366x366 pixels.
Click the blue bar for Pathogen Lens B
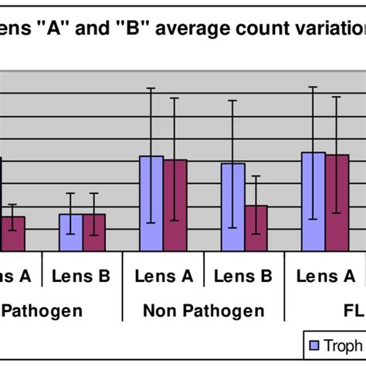coord(71,232)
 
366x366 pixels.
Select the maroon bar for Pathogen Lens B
coord(94,232)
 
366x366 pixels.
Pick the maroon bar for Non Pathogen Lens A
coord(175,205)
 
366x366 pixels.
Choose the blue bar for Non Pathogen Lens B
coord(233,207)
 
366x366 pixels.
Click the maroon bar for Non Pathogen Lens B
coord(256,228)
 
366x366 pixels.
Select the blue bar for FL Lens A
coord(313,202)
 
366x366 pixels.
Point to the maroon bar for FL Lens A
coord(337,202)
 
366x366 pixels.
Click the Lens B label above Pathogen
coord(83,276)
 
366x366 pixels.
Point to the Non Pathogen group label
coord(204,311)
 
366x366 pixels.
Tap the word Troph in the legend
coord(343,345)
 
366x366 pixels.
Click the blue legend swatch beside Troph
coord(314,345)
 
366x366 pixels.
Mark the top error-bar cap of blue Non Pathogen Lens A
coord(151,89)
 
